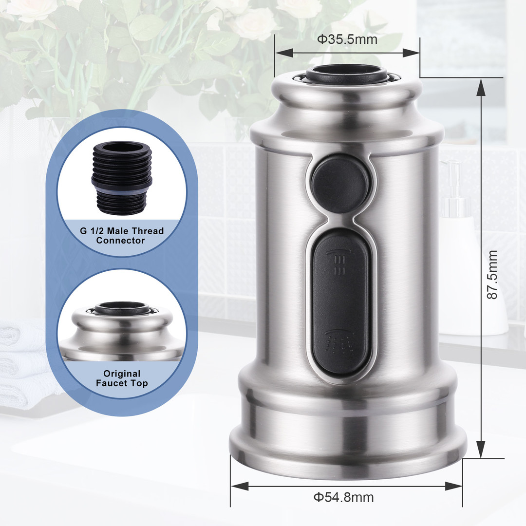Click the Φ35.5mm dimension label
pyautogui.click(x=347, y=39)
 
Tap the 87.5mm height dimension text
pyautogui.click(x=492, y=274)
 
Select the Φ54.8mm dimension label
pyautogui.click(x=343, y=497)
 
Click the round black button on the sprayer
pyautogui.click(x=340, y=184)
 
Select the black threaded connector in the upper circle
pyautogui.click(x=122, y=178)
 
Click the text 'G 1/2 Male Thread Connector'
pyautogui.click(x=121, y=236)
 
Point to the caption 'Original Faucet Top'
pyautogui.click(x=122, y=378)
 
